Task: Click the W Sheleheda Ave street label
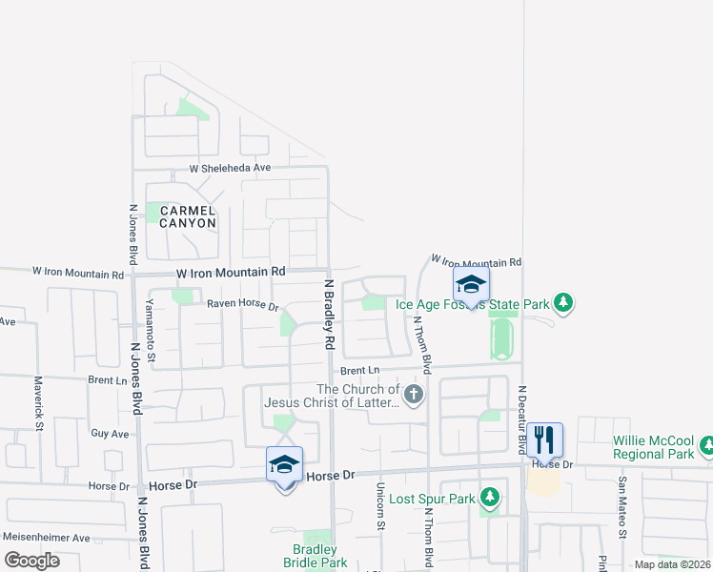pyautogui.click(x=230, y=168)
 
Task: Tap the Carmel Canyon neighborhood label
pyautogui.click(x=188, y=216)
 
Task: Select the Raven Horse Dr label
pyautogui.click(x=242, y=306)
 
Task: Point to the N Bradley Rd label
pyautogui.click(x=330, y=313)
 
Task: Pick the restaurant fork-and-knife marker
pyautogui.click(x=544, y=439)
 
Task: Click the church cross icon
pyautogui.click(x=413, y=394)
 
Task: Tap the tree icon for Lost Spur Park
pyautogui.click(x=490, y=497)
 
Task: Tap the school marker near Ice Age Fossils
pyautogui.click(x=471, y=284)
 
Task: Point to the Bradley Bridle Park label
pyautogui.click(x=315, y=556)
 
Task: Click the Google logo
pyautogui.click(x=32, y=561)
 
